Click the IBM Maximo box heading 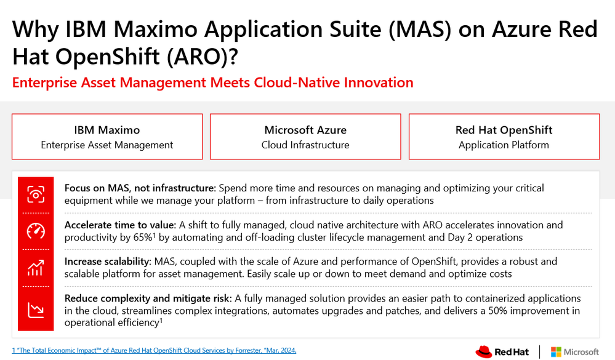tap(107, 130)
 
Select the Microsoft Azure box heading tap(305, 130)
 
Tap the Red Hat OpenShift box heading tap(504, 130)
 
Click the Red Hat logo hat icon tap(484, 351)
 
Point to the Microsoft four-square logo tap(556, 352)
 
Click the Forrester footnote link tap(154, 350)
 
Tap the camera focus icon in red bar tap(36, 194)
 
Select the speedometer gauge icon tap(36, 231)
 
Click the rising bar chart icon tap(36, 268)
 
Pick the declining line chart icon tap(36, 310)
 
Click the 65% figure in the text tap(143, 238)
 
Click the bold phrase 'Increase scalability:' tap(108, 262)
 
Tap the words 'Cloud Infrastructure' tap(305, 145)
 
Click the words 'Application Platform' tap(504, 145)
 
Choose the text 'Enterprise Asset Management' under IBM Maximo tap(107, 145)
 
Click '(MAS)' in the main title tap(420, 30)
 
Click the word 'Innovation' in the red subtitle tap(379, 82)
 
